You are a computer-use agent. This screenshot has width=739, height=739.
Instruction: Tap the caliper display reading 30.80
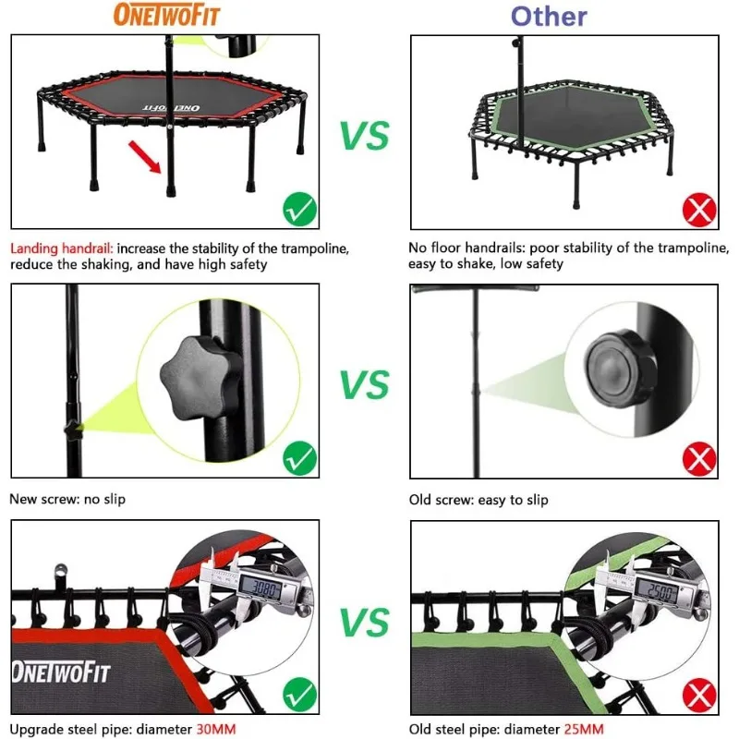coord(267,588)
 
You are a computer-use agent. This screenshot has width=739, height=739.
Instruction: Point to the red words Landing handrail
coord(61,248)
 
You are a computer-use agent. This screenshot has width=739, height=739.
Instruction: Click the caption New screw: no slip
coord(67,500)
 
